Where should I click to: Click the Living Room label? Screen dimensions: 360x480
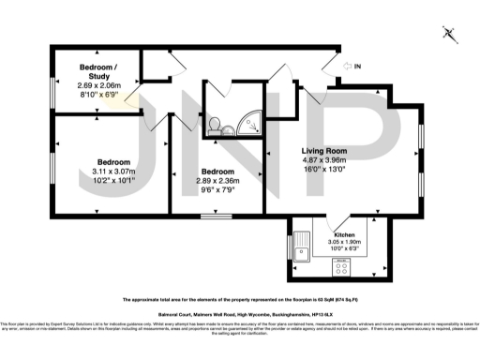pyautogui.click(x=323, y=151)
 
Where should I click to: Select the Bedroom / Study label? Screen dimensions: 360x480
pyautogui.click(x=98, y=72)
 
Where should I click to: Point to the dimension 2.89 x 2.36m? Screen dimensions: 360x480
pyautogui.click(x=217, y=181)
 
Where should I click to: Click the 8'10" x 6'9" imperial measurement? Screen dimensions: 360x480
pyautogui.click(x=98, y=95)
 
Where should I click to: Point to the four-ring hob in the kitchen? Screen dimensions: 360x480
pyautogui.click(x=343, y=265)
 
